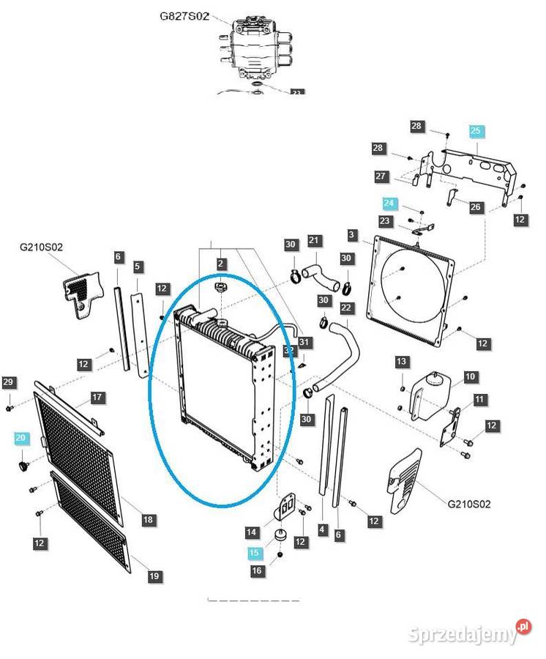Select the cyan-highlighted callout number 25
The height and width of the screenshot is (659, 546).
coord(476,131)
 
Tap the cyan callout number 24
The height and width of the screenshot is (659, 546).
coord(389,203)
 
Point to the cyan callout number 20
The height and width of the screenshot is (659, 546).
coord(20,438)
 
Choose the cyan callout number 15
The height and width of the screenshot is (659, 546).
coord(254,553)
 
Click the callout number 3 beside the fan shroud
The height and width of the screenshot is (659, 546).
coord(353,235)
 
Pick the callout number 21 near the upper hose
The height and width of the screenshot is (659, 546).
coord(314,240)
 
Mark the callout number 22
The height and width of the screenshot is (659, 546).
coord(346,308)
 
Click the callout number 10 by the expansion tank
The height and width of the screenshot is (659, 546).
coord(471,376)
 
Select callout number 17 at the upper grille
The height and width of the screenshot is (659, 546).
coord(97,398)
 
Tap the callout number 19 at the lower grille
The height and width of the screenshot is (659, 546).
coord(154,576)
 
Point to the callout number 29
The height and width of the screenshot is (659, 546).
coord(9,382)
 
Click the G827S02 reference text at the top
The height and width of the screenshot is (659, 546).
coord(185,15)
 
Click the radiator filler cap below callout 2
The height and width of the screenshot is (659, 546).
coord(220,287)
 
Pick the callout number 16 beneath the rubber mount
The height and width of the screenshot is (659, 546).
coord(256,571)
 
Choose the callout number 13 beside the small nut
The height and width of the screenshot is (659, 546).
coord(401,362)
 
